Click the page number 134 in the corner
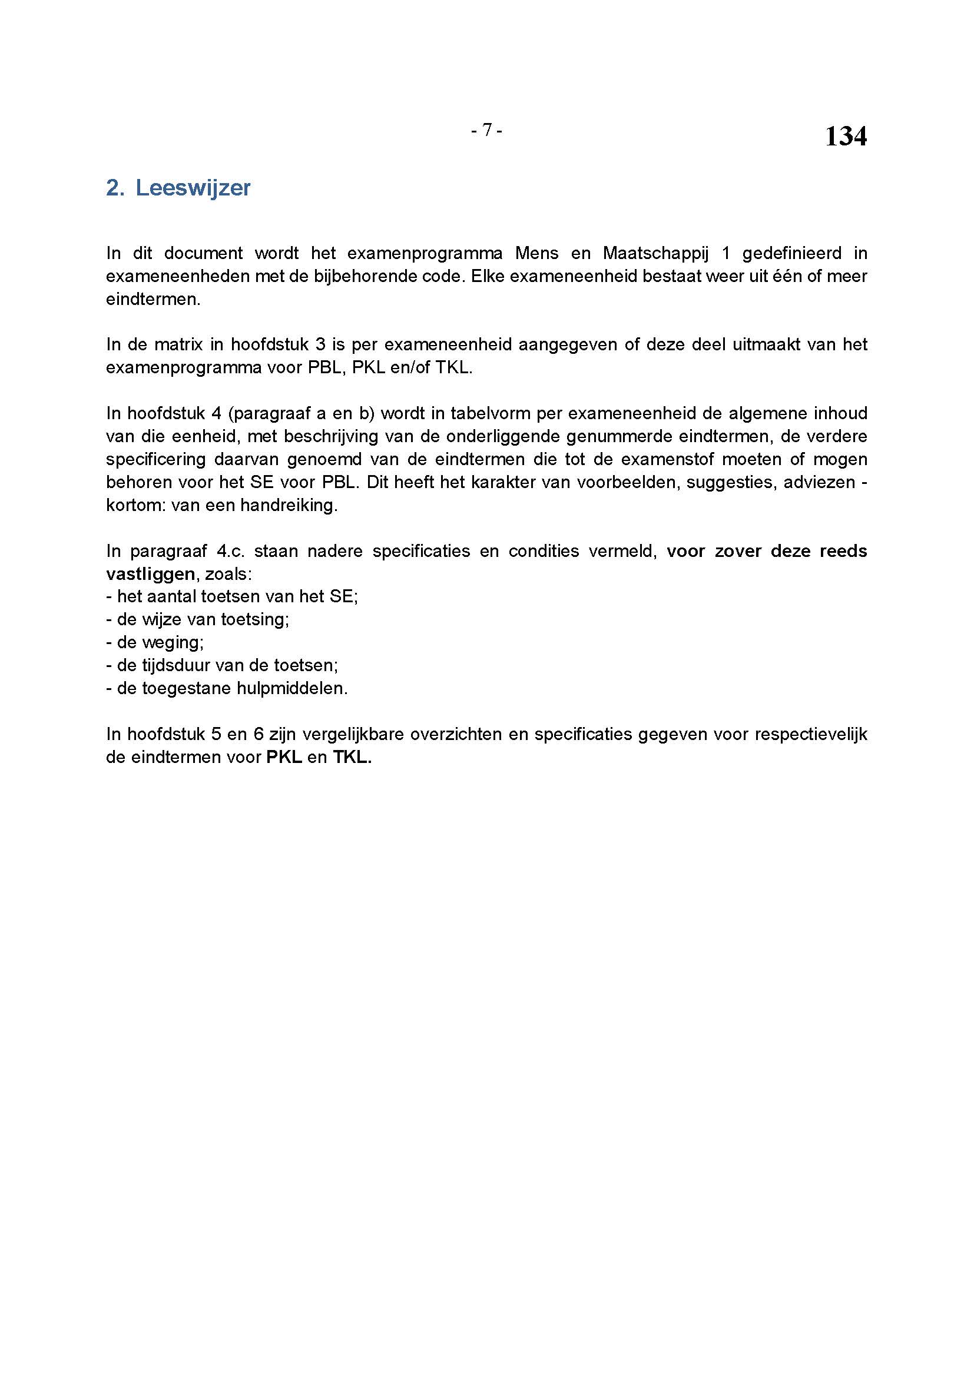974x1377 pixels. (x=845, y=137)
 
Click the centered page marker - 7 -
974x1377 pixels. (x=486, y=130)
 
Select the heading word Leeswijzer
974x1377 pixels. (x=193, y=188)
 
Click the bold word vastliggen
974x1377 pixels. (x=151, y=574)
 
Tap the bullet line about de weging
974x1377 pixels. (x=155, y=642)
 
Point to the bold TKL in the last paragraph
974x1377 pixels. (x=352, y=757)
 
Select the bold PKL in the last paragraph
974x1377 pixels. (x=284, y=757)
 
